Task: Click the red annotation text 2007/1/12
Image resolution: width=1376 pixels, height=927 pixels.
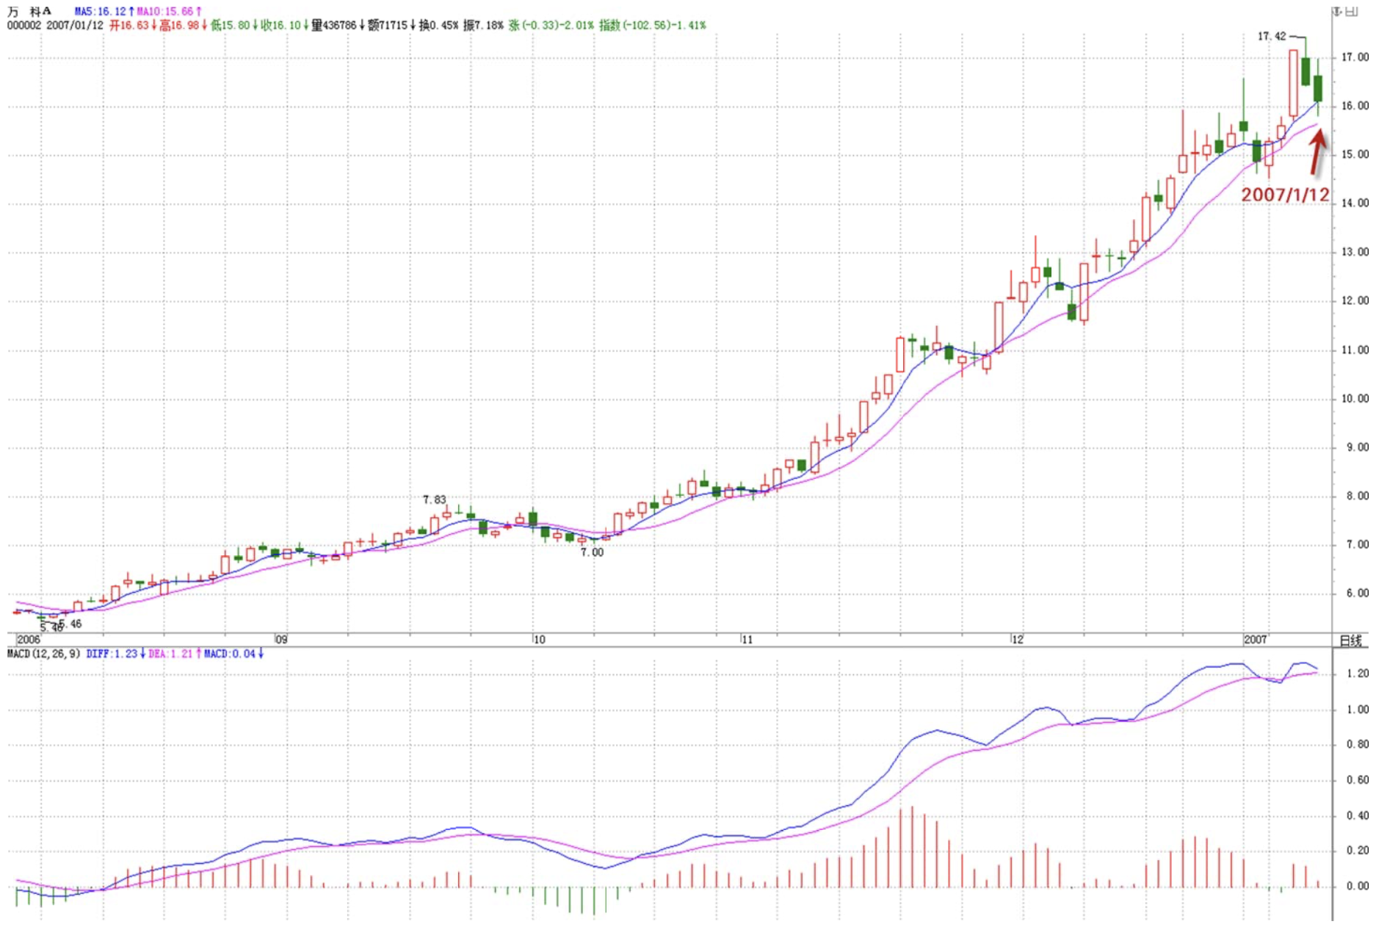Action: coord(1284,195)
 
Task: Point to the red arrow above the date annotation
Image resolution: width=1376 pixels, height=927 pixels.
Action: coord(1317,151)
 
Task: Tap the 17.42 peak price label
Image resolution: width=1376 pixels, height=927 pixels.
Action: coord(1271,36)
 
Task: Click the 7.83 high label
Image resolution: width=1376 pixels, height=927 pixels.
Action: coord(434,499)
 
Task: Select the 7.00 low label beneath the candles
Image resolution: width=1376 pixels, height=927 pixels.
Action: coord(592,552)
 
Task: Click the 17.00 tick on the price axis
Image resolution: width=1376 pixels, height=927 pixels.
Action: coord(1354,57)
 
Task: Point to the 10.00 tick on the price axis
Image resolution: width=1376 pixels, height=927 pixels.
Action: coord(1354,399)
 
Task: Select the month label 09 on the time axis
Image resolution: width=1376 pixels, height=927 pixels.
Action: coord(281,640)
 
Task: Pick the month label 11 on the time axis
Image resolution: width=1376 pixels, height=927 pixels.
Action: coord(747,640)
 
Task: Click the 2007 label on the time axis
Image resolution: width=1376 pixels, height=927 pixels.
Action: coord(1255,640)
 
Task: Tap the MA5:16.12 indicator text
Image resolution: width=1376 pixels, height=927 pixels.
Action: coord(101,12)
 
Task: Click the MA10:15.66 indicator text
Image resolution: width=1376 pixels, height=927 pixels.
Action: coord(165,12)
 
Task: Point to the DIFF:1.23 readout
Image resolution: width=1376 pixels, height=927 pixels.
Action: coord(112,654)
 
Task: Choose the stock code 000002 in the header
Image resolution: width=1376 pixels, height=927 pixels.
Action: coord(24,25)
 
